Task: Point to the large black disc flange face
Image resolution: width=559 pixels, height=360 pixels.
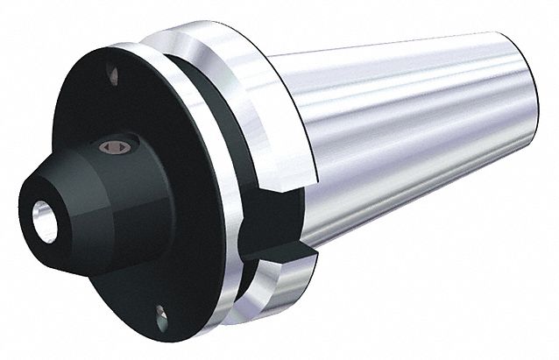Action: [166, 228]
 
